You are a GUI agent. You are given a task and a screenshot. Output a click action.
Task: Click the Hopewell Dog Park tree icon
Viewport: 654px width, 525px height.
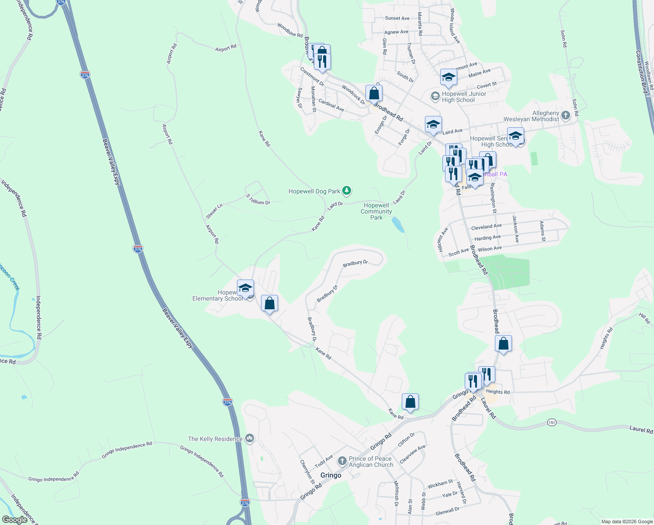[x=347, y=191]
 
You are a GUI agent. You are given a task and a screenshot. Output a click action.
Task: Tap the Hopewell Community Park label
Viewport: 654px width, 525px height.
[x=376, y=211]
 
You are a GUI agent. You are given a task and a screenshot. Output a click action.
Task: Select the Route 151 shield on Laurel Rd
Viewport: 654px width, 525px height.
[x=552, y=422]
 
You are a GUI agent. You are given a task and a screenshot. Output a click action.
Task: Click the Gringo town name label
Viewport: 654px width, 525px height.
[x=330, y=475]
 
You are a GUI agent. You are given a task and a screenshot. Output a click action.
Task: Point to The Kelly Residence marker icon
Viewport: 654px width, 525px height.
[x=250, y=438]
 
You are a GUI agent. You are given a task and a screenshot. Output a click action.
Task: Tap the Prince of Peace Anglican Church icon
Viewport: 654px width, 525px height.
[x=342, y=461]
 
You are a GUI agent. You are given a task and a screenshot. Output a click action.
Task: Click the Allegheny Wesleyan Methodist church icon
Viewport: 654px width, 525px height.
[x=566, y=115]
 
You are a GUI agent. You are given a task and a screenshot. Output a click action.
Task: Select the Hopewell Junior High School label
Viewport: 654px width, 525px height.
[x=464, y=97]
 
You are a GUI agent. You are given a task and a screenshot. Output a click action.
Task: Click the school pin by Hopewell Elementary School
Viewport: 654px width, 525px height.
[x=246, y=289]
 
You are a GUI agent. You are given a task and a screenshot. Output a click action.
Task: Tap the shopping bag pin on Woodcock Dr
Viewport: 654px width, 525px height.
[x=374, y=93]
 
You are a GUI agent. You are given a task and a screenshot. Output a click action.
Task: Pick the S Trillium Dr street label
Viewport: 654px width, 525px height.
[x=258, y=199]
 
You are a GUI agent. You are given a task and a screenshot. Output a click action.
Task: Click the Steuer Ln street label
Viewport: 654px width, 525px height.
[x=214, y=211]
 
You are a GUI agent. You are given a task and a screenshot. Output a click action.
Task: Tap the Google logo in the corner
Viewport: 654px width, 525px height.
[x=14, y=520]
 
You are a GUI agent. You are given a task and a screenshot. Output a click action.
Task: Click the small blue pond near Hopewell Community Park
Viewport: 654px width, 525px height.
[x=398, y=225]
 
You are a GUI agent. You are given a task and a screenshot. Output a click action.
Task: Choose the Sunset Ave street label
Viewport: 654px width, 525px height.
[x=397, y=18]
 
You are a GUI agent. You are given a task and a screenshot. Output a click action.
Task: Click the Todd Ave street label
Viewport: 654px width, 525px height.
[x=324, y=461]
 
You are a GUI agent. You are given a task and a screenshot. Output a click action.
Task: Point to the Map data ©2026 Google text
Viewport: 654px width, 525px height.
[x=627, y=521]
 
